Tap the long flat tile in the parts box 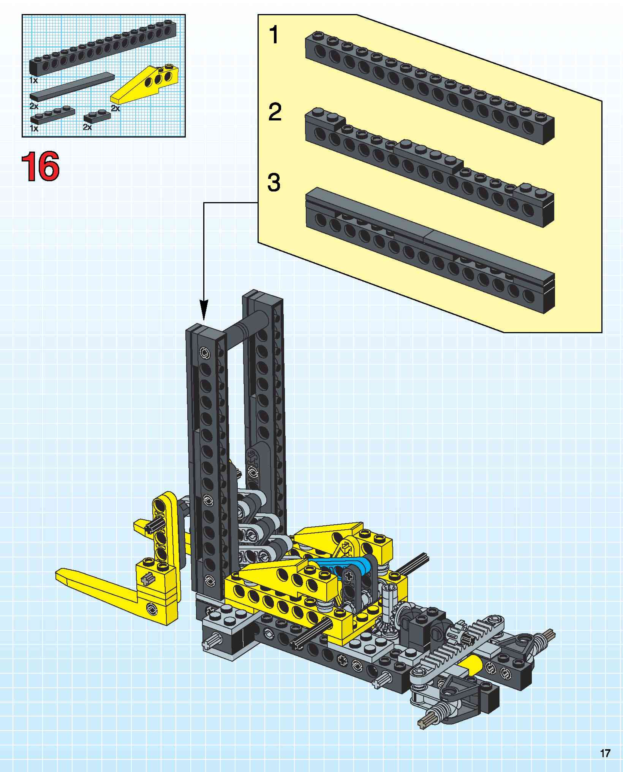coord(72,86)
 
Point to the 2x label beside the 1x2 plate coord(87,127)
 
